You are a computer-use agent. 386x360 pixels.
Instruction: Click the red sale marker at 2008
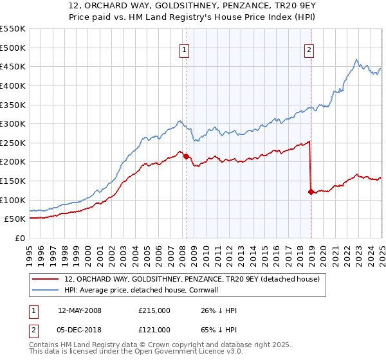[x=186, y=156]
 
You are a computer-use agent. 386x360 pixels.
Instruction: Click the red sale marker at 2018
[x=311, y=192]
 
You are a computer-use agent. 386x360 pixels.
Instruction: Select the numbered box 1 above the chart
[x=185, y=51]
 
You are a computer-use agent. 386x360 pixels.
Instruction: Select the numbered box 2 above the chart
[x=309, y=51]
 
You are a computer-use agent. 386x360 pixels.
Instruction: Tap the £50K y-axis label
[x=15, y=219]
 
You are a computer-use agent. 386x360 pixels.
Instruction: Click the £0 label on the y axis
[x=21, y=238]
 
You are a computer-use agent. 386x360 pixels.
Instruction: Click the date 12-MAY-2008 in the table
[x=80, y=310]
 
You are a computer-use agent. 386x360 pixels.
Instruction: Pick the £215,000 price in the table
[x=154, y=310]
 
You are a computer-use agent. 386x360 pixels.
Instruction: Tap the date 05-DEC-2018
[x=79, y=330]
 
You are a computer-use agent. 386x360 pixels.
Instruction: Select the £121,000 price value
[x=154, y=330]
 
